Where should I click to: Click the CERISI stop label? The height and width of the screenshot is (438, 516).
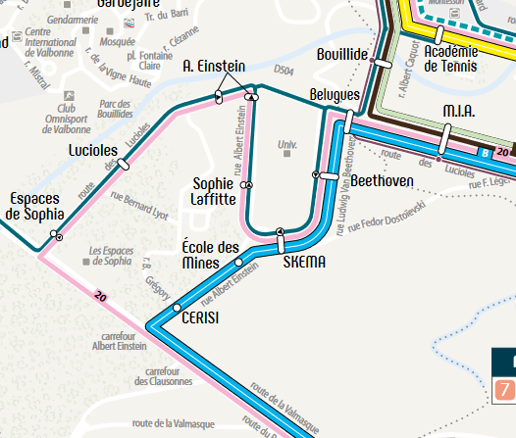tap(201, 317)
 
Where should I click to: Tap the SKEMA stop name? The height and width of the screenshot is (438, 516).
tap(304, 263)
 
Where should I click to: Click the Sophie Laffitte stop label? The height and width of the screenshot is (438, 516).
tap(214, 191)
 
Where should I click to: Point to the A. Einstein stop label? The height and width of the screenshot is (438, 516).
tap(214, 66)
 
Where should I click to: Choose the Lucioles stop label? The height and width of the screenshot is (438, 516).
tap(94, 151)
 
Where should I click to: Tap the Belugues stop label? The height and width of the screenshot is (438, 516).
tap(334, 95)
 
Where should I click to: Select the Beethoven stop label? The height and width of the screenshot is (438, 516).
tap(378, 181)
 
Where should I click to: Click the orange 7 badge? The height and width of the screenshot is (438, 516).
tap(504, 389)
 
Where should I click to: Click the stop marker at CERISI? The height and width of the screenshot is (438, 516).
tap(177, 308)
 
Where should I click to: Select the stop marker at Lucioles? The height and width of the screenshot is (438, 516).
tap(123, 164)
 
